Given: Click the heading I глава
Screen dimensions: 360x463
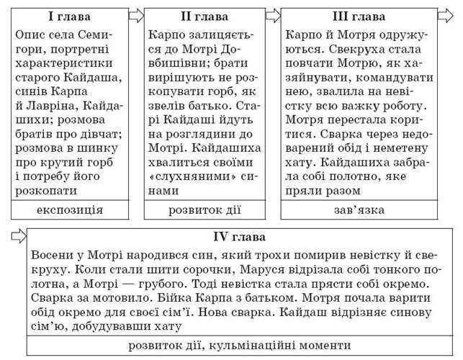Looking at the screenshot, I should (x=69, y=17).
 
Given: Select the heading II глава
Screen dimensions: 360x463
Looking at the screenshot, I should (x=204, y=17).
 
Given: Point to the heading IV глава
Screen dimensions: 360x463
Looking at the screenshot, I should (x=240, y=237).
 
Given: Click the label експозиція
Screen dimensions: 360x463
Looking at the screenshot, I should (x=69, y=210).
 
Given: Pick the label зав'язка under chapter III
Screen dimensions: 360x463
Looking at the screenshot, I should (x=359, y=210).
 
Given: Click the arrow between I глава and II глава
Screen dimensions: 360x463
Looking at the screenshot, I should (x=137, y=15).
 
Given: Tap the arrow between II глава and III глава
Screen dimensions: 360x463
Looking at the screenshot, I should (x=273, y=15).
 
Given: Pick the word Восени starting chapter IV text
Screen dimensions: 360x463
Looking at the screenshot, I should (x=53, y=253).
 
